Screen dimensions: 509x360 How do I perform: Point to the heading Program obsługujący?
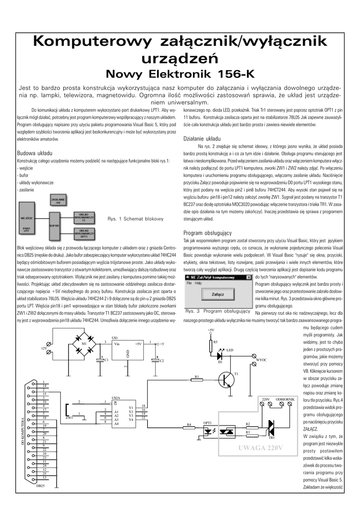click(208, 233)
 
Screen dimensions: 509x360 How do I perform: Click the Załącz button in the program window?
click(217, 294)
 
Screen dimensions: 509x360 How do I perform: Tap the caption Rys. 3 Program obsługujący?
click(217, 312)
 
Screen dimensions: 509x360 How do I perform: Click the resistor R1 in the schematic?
click(197, 382)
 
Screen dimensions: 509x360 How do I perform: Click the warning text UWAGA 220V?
click(260, 448)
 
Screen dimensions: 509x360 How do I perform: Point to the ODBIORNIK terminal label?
click(286, 399)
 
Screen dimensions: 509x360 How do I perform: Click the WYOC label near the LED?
click(262, 359)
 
